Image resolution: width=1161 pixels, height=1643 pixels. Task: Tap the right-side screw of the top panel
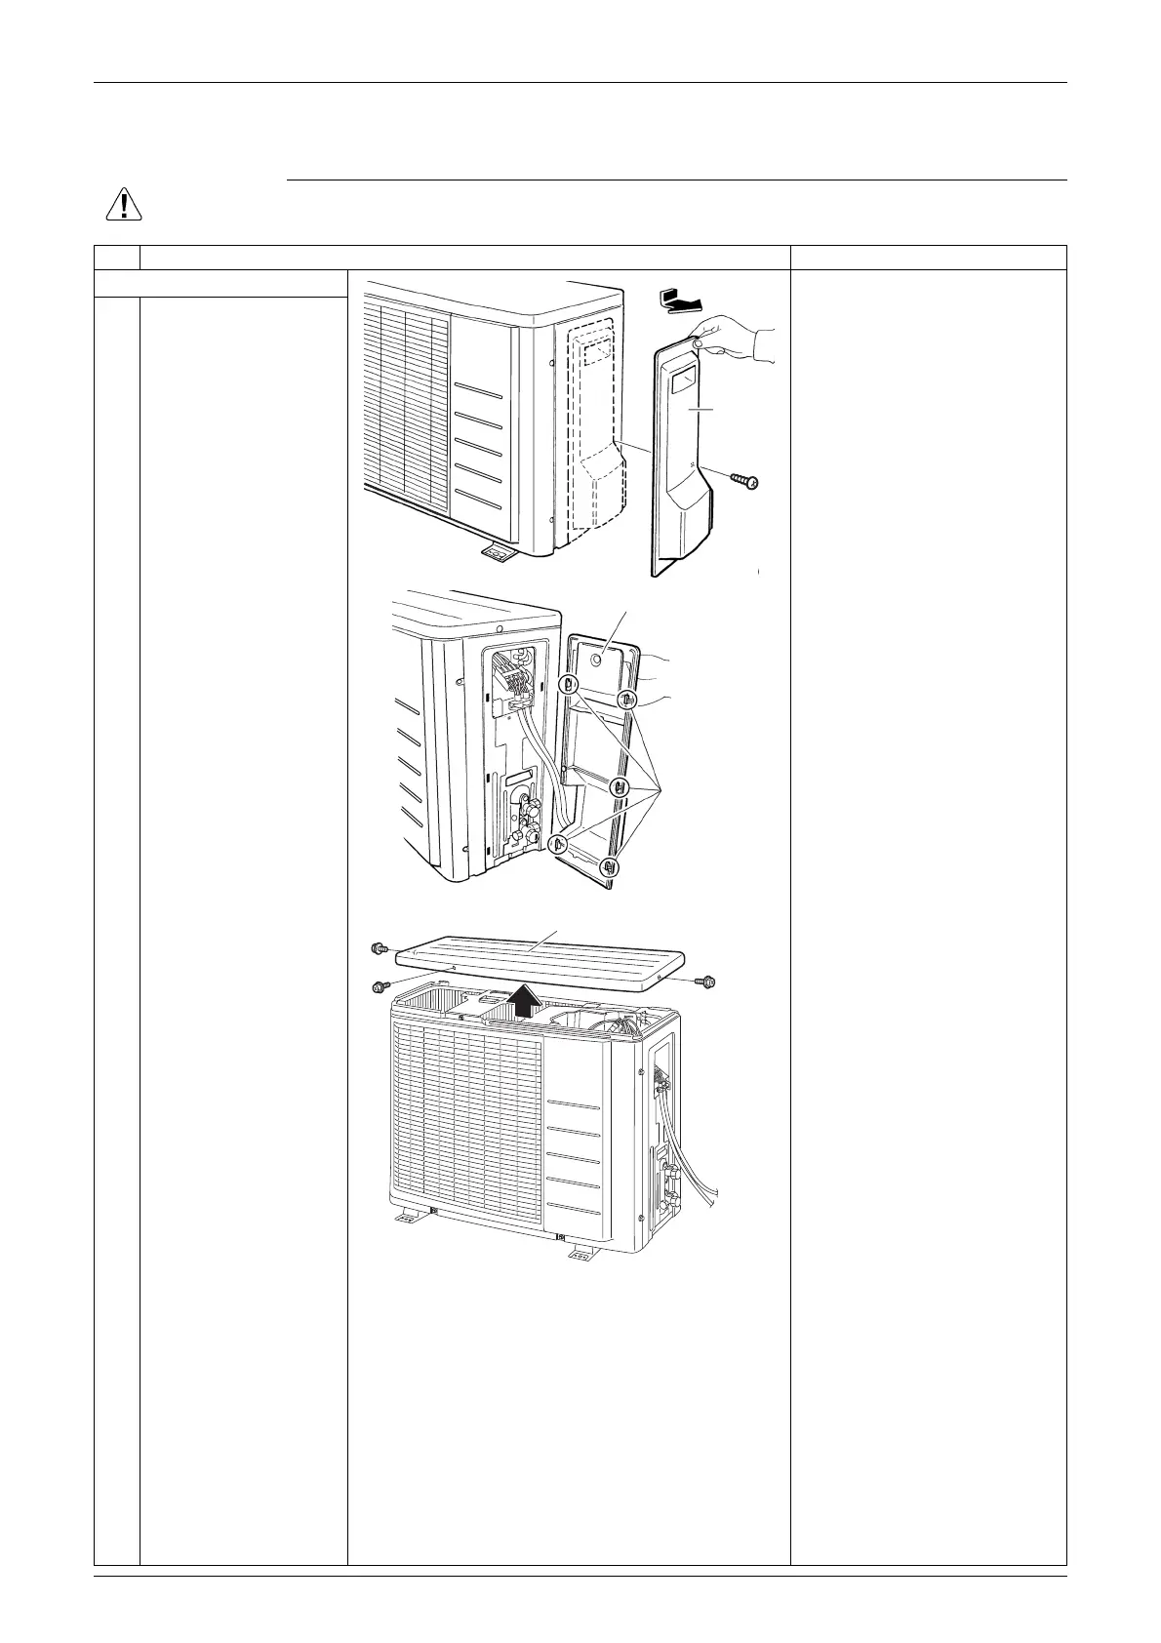pyautogui.click(x=706, y=980)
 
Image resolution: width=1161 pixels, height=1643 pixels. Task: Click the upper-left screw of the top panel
pyautogui.click(x=380, y=947)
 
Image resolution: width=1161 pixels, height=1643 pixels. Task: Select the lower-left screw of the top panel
pyautogui.click(x=380, y=987)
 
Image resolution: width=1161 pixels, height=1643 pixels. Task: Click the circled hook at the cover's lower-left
pyautogui.click(x=561, y=844)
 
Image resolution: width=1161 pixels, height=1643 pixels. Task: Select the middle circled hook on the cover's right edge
pyautogui.click(x=620, y=786)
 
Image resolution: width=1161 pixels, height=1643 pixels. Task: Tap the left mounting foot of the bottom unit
pyautogui.click(x=408, y=1218)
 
